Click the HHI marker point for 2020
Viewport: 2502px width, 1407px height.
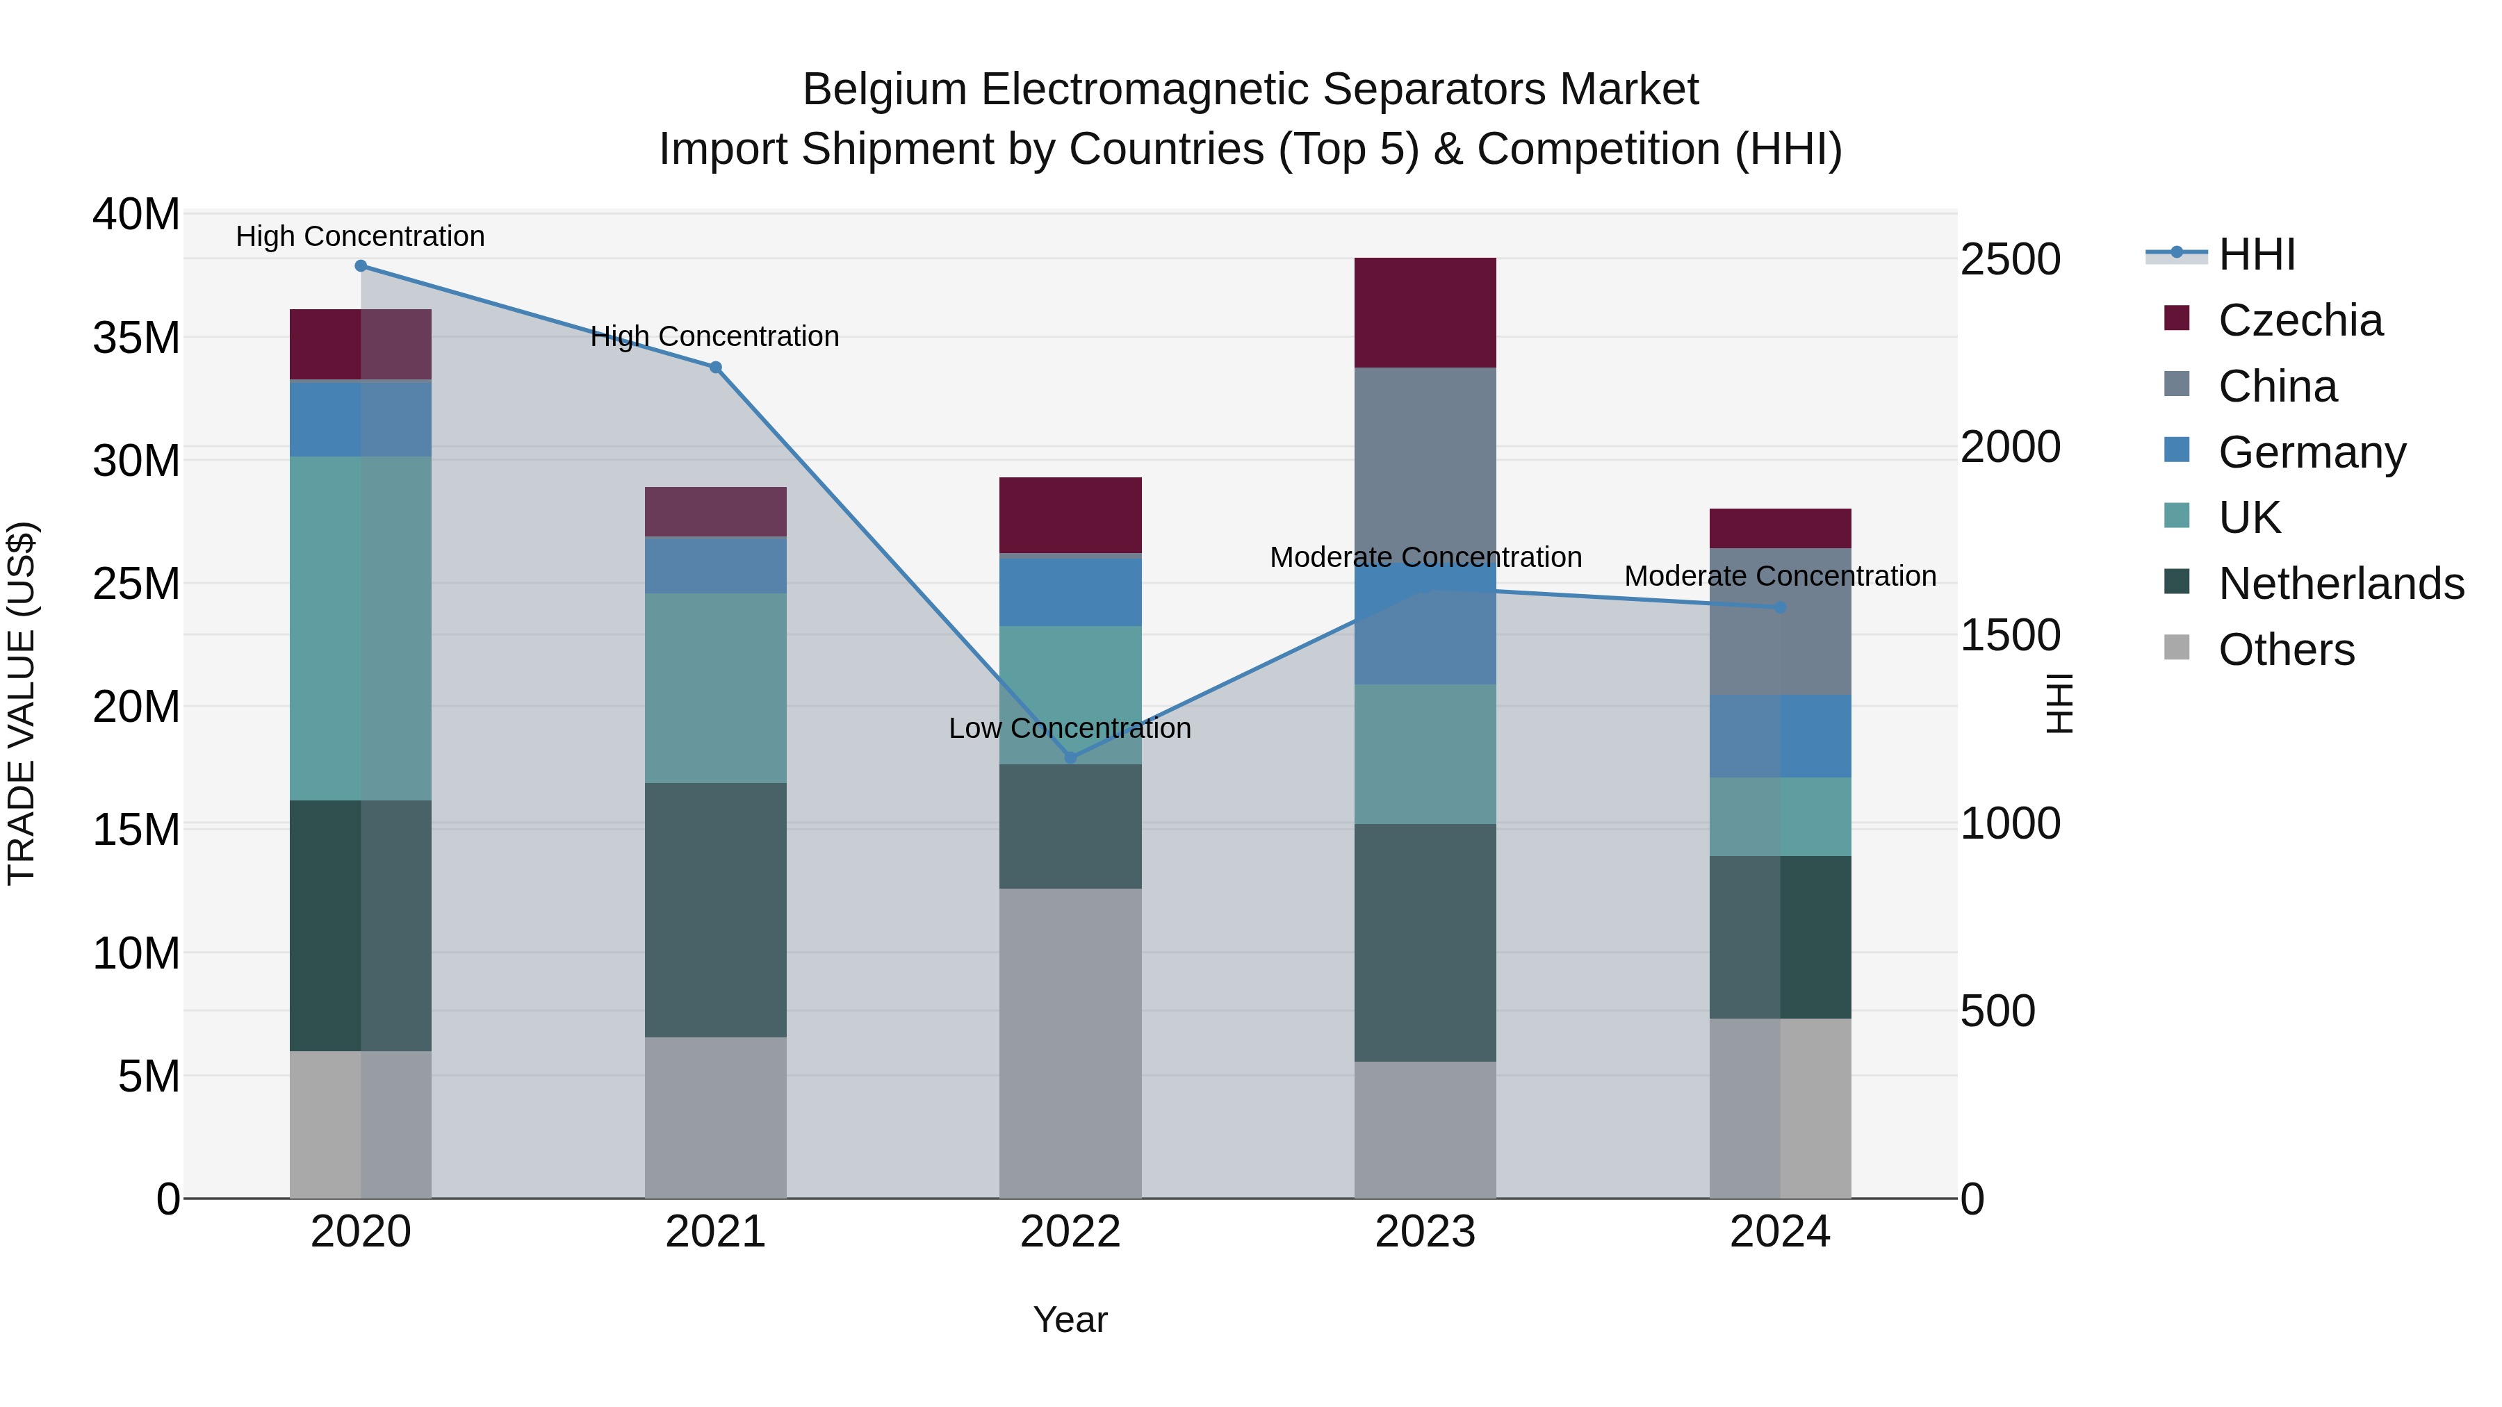coord(360,266)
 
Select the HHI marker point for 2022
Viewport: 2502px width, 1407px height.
coord(1070,757)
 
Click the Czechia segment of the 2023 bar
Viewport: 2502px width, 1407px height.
coord(1425,313)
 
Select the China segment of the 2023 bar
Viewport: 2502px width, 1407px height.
coord(1425,456)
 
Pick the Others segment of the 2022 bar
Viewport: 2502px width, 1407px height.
coord(1070,1044)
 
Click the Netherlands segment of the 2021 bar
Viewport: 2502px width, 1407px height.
coord(716,910)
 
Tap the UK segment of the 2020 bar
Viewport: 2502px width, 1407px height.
coord(360,628)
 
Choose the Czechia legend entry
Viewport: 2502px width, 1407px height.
coord(2299,320)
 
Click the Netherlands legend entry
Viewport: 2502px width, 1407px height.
coord(2340,584)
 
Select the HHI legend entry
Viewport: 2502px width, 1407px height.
coord(2255,254)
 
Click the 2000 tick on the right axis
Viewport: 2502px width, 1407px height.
coord(2009,447)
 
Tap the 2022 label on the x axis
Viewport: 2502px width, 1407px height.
coord(1070,1232)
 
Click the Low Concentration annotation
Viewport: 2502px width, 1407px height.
coord(1070,728)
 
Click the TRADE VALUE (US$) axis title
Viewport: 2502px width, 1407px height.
coord(22,703)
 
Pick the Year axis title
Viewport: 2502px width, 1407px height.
coord(1070,1319)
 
